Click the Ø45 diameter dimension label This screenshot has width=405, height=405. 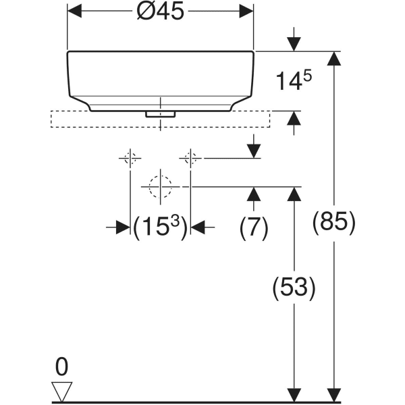160,12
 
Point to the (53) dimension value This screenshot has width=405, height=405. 294,288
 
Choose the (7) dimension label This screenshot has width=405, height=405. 254,227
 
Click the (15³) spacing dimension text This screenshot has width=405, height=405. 160,227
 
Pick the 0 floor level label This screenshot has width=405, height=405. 61,367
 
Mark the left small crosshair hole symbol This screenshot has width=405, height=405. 130,159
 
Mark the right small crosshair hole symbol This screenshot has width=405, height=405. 190,159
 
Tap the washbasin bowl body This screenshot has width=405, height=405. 160,78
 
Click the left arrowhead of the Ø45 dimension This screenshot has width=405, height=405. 74,12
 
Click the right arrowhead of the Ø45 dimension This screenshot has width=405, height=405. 247,12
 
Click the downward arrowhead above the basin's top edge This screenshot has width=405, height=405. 294,43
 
